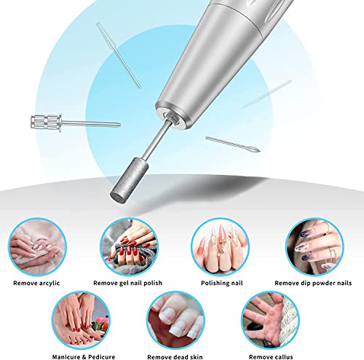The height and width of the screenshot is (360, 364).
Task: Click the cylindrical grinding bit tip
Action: (130, 180)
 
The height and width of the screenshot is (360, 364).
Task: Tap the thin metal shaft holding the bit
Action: (157, 140)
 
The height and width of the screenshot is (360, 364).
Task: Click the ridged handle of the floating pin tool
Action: (46, 122)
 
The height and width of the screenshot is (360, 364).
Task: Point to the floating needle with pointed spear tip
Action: (232, 144)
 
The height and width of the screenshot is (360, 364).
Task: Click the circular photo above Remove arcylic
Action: (37, 247)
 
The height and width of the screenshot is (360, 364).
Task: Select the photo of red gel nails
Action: (129, 247)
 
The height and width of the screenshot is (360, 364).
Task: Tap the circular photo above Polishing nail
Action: (220, 247)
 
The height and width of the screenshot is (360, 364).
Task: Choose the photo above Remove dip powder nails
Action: (314, 247)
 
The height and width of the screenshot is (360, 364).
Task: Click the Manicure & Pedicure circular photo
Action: (81, 320)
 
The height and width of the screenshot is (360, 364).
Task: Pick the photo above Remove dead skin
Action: (175, 320)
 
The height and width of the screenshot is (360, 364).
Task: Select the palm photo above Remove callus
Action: (271, 320)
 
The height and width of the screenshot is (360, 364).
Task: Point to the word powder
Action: (324, 283)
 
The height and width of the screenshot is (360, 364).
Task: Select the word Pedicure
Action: (102, 357)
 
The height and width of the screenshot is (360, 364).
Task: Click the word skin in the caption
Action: (197, 357)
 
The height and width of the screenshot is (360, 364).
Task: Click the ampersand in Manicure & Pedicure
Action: (84, 357)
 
